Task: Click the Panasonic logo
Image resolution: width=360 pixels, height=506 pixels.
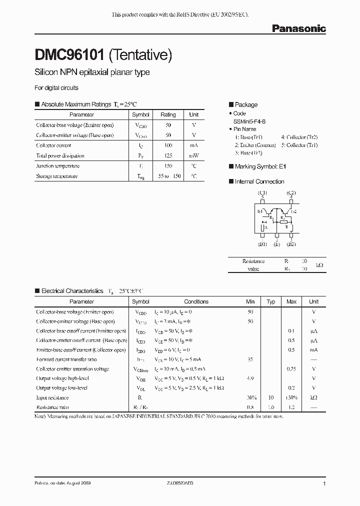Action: pos(298,29)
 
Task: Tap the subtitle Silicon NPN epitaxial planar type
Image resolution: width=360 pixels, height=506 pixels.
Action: pos(92,72)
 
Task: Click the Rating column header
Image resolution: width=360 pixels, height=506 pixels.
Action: pos(168,114)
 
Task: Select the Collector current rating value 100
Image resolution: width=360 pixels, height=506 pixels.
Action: pos(168,145)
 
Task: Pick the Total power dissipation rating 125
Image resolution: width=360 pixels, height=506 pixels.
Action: pos(168,155)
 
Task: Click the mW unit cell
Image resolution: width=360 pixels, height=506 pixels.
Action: pos(194,155)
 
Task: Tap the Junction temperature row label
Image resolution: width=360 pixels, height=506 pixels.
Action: pos(57,166)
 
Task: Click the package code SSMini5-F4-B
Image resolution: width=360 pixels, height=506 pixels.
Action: pos(253,121)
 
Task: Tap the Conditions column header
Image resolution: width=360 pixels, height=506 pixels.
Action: pos(196,301)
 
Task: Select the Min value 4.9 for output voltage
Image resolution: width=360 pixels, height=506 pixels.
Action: pos(250,378)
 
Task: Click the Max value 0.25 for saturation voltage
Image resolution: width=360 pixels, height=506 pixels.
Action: pos(291,369)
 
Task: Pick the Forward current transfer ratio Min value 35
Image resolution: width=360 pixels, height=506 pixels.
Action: pos(250,359)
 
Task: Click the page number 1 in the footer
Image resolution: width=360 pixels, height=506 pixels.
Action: pos(324,484)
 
